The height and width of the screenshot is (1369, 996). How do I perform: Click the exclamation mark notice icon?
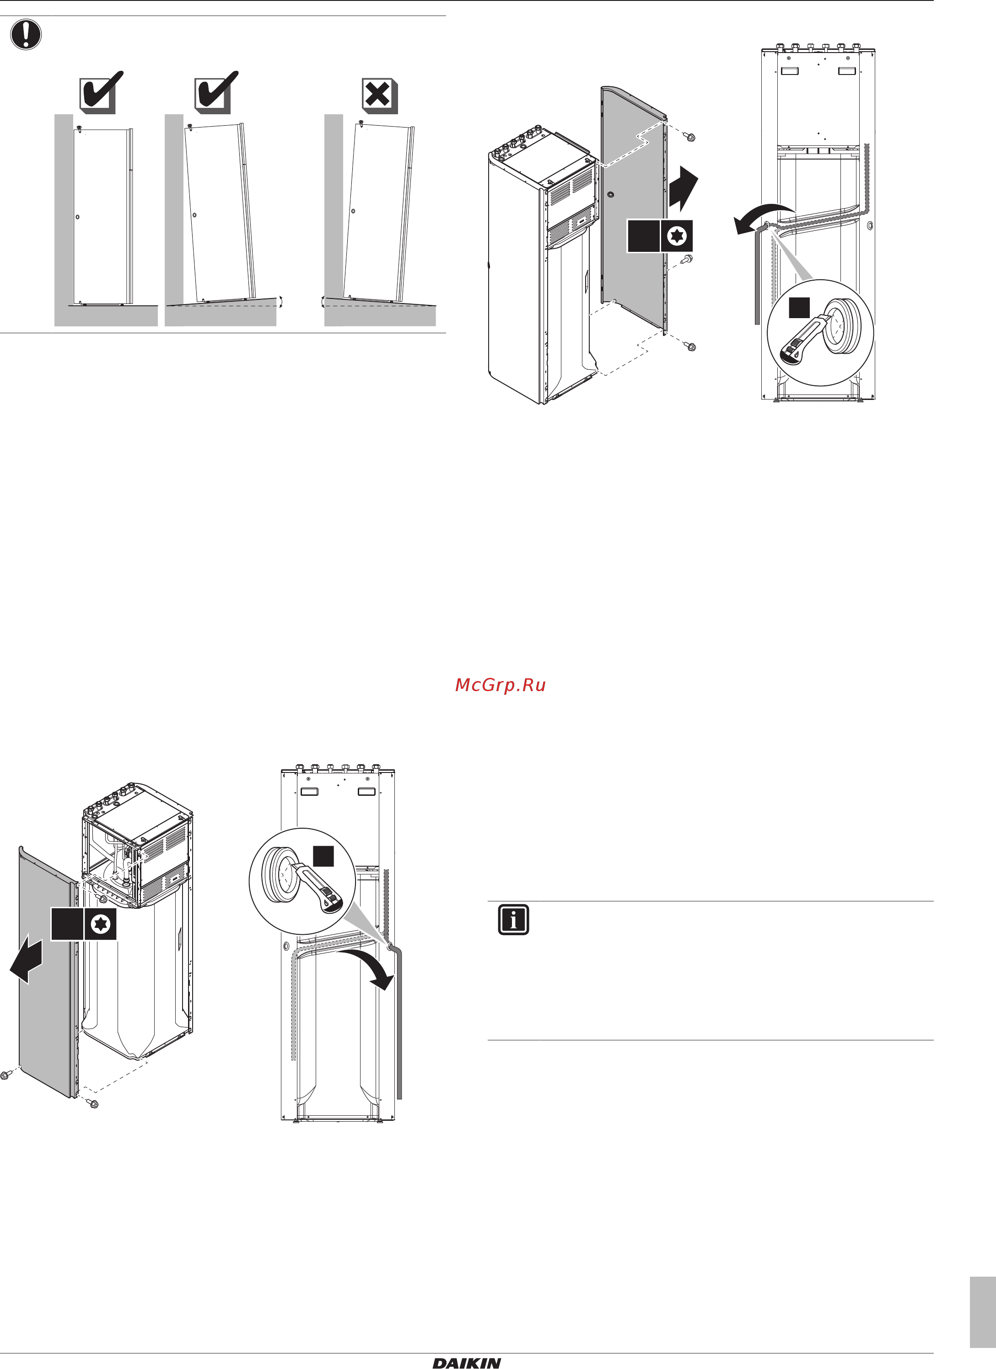click(x=26, y=34)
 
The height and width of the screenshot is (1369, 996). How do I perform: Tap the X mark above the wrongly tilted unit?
click(x=379, y=96)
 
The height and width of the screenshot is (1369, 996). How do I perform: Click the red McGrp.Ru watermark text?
click(x=500, y=685)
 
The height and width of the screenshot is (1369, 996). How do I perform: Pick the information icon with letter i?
click(x=513, y=919)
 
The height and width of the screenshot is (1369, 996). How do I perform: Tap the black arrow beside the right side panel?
click(x=683, y=188)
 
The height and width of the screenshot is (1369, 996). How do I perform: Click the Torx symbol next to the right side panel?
click(x=677, y=236)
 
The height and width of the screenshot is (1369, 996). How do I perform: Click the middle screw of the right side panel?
click(x=687, y=260)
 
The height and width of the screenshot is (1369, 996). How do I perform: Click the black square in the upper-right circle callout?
click(x=799, y=308)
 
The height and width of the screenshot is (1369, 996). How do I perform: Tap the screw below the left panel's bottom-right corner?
click(x=92, y=1103)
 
